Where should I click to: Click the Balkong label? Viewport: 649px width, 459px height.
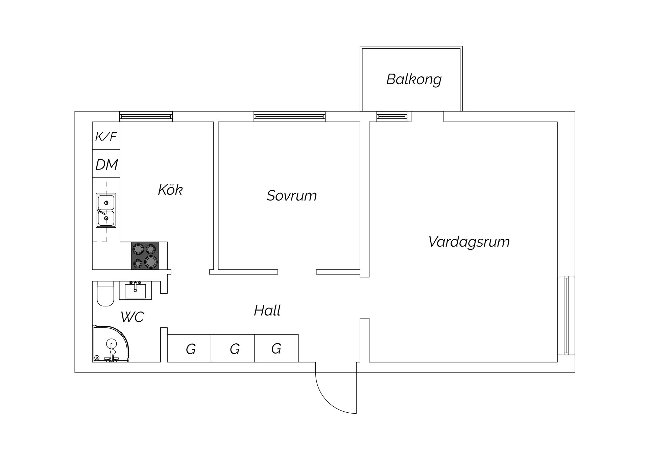click(x=414, y=79)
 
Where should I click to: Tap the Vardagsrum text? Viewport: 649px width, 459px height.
click(x=469, y=242)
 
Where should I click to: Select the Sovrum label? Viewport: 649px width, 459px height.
click(x=291, y=196)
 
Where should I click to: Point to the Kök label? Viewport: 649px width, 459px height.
click(x=170, y=190)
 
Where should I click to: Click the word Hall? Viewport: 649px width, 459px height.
click(x=267, y=311)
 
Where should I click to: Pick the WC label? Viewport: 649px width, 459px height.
click(x=132, y=317)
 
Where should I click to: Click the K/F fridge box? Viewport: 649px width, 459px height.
click(x=106, y=136)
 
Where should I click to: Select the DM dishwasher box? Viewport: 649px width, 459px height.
click(x=106, y=164)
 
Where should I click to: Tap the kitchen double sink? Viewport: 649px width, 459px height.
click(x=106, y=210)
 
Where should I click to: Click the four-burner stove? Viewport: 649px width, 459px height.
click(x=145, y=256)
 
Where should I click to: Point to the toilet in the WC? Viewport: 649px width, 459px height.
click(x=105, y=294)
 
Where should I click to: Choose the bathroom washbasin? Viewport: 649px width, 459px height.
click(x=135, y=291)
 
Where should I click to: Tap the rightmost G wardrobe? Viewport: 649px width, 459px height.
click(x=277, y=348)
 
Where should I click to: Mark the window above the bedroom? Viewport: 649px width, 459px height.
click(x=290, y=117)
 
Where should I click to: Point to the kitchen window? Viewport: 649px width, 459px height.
click(x=146, y=117)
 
